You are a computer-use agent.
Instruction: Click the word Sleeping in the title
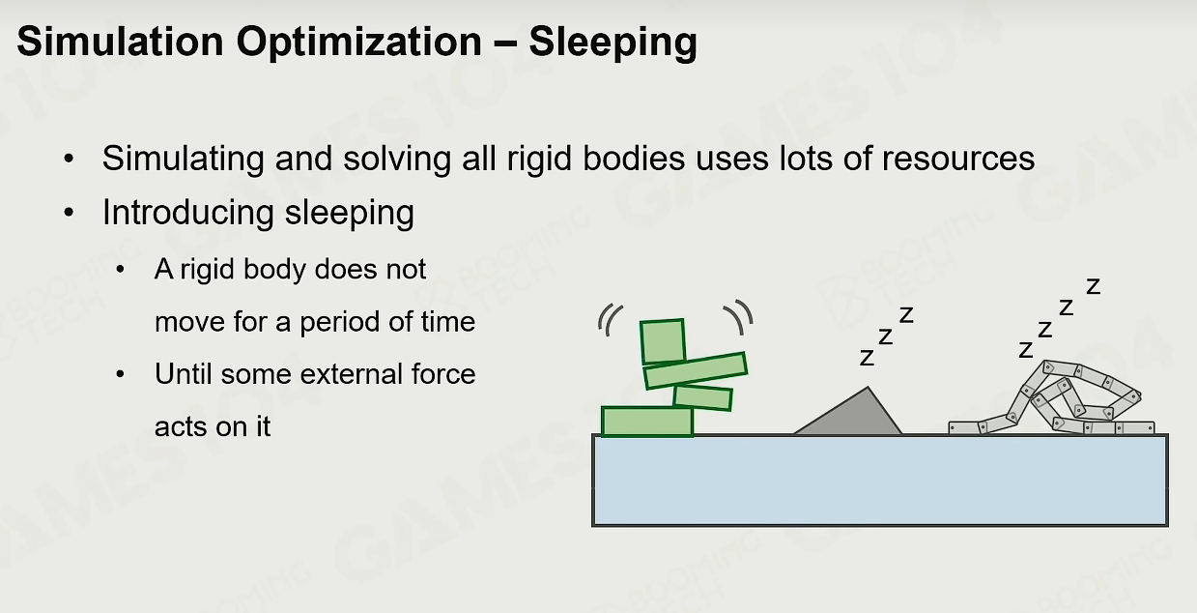click(x=613, y=44)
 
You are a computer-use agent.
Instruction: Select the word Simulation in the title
click(x=120, y=42)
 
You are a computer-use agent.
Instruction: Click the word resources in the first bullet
click(x=958, y=159)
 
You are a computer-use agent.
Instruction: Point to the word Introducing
click(x=188, y=214)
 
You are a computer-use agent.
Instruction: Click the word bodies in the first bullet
click(x=634, y=158)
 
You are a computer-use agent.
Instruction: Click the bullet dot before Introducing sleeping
click(x=69, y=213)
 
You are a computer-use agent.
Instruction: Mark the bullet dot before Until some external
click(x=120, y=374)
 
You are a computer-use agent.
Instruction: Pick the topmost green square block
click(x=662, y=341)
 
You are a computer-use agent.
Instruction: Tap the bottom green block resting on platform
click(x=647, y=422)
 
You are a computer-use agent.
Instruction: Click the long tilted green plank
click(x=696, y=370)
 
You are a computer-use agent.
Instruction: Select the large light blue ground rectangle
click(x=880, y=481)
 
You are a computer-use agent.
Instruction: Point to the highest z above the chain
click(x=1094, y=286)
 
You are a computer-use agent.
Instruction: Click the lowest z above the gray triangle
click(x=867, y=358)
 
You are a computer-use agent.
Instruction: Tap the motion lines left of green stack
click(x=610, y=320)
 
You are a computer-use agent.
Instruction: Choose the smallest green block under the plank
click(x=702, y=397)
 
